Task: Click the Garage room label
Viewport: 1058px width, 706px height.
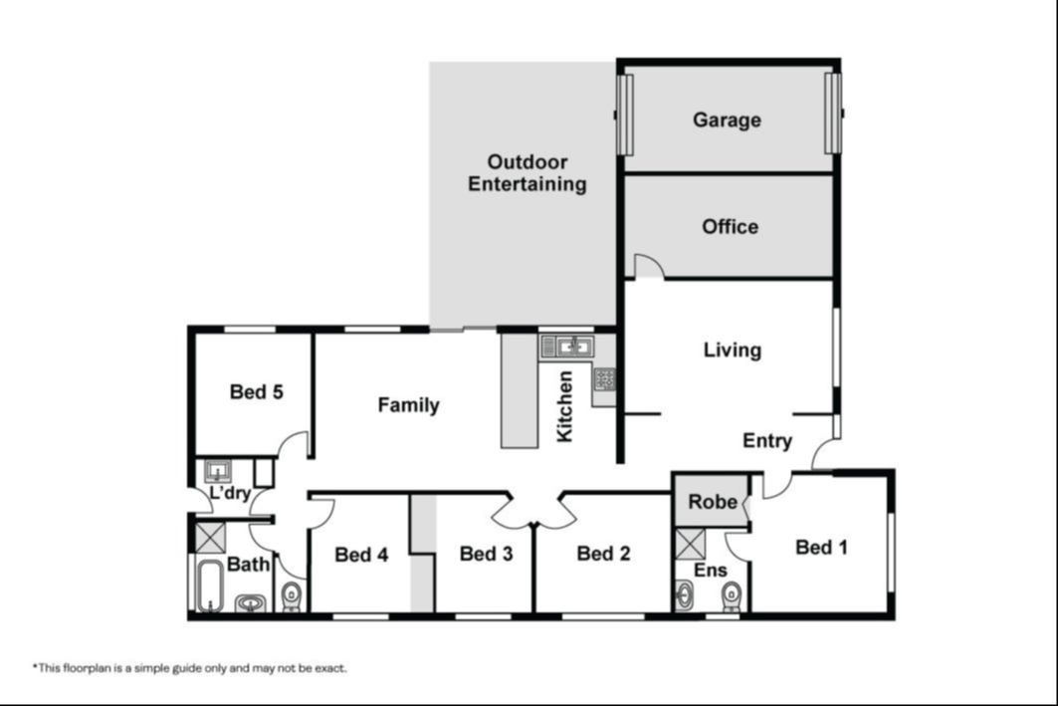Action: [x=727, y=120]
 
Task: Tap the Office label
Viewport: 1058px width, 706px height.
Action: [x=731, y=226]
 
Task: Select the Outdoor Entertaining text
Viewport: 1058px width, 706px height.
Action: [x=527, y=173]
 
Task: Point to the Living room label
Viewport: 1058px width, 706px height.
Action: [x=733, y=350]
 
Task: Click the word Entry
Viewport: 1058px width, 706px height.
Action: [x=767, y=441]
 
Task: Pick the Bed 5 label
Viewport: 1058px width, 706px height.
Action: [x=257, y=391]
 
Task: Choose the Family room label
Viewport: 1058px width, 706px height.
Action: [x=408, y=405]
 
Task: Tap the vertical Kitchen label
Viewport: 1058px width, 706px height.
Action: [x=564, y=406]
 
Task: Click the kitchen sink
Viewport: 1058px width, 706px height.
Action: [x=566, y=347]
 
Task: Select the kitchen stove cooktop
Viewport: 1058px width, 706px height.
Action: [x=604, y=379]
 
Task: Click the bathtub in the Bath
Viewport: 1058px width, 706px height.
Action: [x=210, y=586]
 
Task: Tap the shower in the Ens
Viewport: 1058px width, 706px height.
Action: [x=690, y=545]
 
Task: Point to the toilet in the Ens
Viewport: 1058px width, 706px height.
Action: [x=731, y=596]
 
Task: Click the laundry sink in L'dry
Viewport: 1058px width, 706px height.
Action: [x=218, y=470]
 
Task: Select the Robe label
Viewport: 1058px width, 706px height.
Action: [x=713, y=502]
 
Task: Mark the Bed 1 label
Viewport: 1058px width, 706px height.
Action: [x=821, y=547]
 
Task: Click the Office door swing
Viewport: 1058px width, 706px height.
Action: [x=650, y=266]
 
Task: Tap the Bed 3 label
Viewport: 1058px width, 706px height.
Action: [x=486, y=554]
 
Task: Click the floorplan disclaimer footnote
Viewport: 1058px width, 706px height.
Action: [x=189, y=668]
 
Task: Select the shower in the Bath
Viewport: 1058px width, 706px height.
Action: [x=210, y=538]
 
